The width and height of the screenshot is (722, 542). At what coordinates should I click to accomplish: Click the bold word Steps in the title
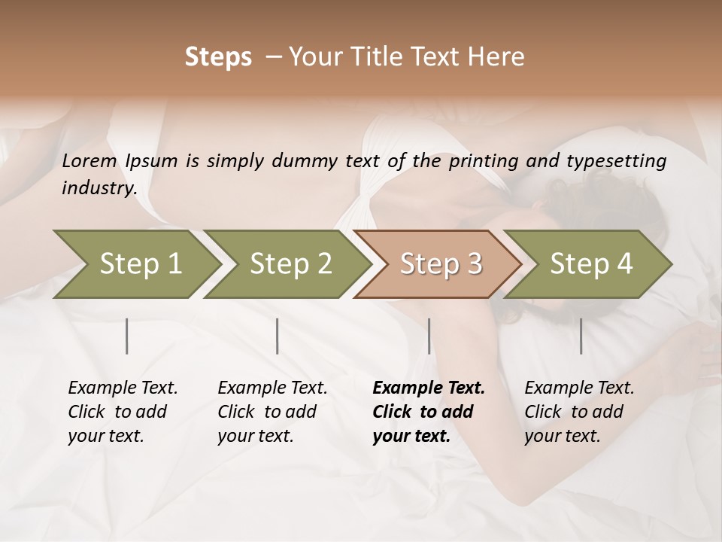[218, 57]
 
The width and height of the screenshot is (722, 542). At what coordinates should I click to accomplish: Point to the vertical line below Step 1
[127, 336]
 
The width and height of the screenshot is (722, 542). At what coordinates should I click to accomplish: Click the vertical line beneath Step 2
[278, 336]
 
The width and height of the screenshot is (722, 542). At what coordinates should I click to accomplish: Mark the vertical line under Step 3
[429, 336]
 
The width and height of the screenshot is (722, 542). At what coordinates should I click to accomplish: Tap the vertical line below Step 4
[581, 336]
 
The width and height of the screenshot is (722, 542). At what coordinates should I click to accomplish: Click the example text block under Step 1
[123, 412]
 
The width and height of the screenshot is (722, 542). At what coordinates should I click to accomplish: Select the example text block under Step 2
[272, 412]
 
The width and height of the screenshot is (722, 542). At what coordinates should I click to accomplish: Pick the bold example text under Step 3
[429, 412]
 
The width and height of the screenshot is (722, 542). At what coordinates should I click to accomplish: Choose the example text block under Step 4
[579, 412]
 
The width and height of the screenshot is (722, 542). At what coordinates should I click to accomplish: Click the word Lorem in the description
[89, 161]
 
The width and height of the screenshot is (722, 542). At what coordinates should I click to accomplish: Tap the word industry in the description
[99, 188]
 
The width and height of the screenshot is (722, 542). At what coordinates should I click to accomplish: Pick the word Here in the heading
[495, 57]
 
